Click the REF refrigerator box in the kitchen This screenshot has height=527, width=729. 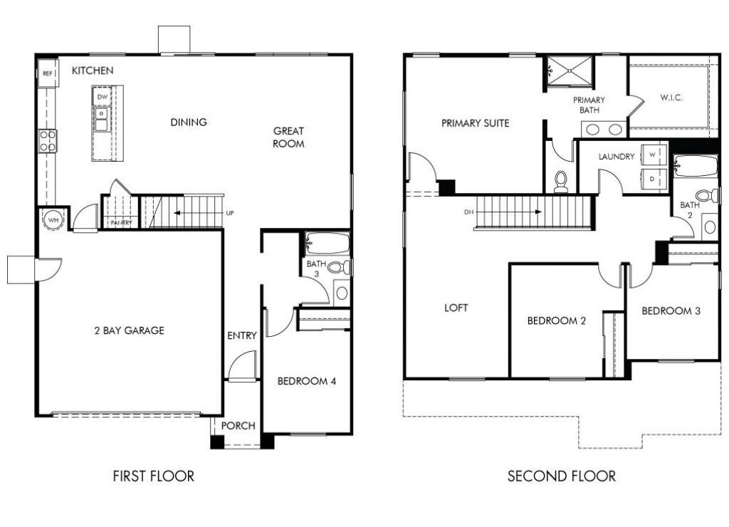coord(48,73)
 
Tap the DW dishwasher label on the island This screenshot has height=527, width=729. coord(103,97)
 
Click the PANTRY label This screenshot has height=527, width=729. coord(120,223)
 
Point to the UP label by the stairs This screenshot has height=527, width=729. coord(229,213)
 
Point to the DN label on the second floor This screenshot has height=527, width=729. coord(467,212)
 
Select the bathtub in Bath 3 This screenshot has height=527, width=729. coord(327,244)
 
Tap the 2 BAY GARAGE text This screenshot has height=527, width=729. coord(129,330)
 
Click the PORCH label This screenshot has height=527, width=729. coord(238,426)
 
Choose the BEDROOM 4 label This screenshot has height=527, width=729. coord(306,381)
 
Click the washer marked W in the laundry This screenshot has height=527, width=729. coord(652,155)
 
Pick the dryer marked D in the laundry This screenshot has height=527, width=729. coord(652,178)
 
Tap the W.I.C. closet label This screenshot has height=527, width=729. coord(671,98)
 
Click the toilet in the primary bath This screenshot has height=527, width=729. coord(561,180)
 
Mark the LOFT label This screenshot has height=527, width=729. coord(456,308)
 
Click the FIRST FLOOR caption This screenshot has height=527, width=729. coord(153,476)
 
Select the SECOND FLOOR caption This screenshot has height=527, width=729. coord(561,476)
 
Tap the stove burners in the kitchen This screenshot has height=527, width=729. coord(48,140)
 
